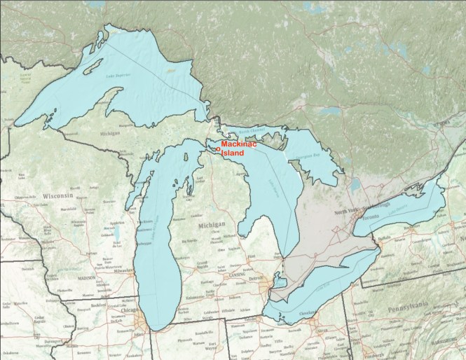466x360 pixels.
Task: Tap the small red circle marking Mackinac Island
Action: [218, 149]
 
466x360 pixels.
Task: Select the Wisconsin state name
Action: [59, 195]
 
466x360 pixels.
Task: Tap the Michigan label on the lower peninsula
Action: [211, 226]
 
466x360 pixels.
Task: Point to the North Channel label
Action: [249, 131]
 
